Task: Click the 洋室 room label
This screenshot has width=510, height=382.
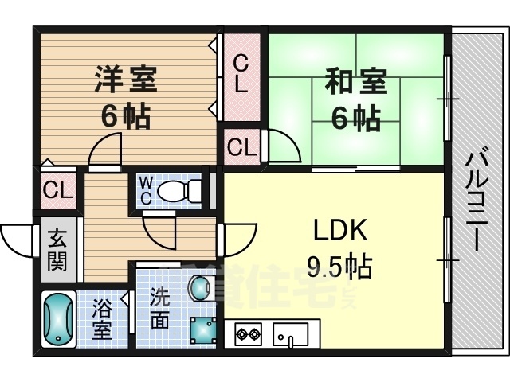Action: (127, 80)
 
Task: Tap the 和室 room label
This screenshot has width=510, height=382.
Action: (355, 83)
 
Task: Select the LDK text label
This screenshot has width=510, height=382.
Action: (338, 232)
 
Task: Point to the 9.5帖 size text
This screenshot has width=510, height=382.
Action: (339, 267)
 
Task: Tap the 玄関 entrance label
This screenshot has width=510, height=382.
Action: (57, 250)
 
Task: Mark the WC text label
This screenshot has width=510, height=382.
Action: (147, 191)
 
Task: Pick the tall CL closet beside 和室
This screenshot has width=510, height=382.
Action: (241, 76)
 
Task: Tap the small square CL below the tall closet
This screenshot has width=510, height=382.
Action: (241, 146)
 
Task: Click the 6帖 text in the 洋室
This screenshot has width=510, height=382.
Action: (126, 118)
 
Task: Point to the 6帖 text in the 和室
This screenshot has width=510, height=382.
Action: (355, 119)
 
